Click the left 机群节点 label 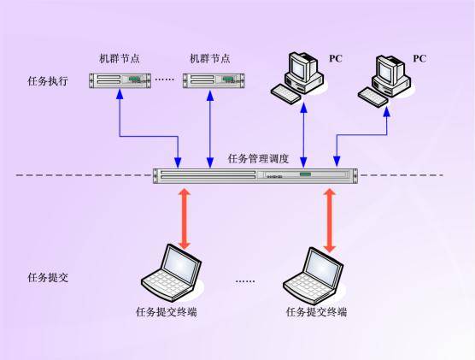tap(119, 59)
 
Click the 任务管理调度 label tap(259, 159)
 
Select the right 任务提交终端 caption tap(317, 312)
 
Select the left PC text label tap(336, 58)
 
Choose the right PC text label tap(419, 58)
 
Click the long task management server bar tap(254, 175)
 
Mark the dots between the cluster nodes tap(165, 80)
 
